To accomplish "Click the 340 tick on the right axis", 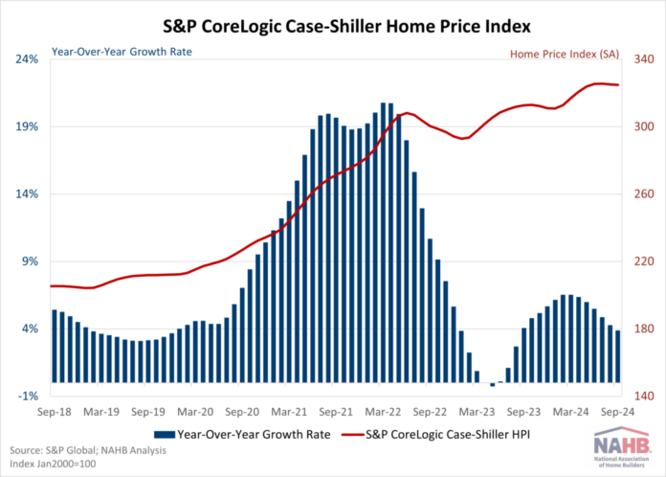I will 638,59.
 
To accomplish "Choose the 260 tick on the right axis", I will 638,194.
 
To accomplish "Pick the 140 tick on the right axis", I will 638,396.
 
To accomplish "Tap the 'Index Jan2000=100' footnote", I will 54,465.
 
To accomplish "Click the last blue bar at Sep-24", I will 618,356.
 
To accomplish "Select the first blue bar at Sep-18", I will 55,346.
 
